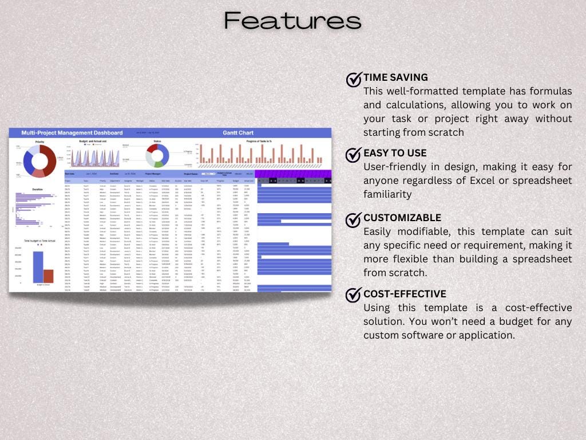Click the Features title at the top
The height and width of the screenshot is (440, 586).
point(292,21)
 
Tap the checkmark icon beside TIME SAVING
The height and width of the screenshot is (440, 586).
point(354,79)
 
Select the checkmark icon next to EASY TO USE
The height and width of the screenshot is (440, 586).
point(354,155)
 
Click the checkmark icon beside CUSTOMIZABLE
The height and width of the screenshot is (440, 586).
point(354,219)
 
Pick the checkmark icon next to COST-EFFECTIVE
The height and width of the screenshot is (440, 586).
point(354,295)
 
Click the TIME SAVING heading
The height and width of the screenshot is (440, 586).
point(395,77)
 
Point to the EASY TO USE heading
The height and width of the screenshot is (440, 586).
point(395,153)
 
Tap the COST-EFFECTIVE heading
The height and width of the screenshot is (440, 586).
point(405,294)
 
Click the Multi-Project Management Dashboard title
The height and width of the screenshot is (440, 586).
point(72,133)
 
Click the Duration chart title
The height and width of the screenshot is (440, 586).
point(37,190)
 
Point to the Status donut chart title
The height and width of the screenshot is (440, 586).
point(157,141)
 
